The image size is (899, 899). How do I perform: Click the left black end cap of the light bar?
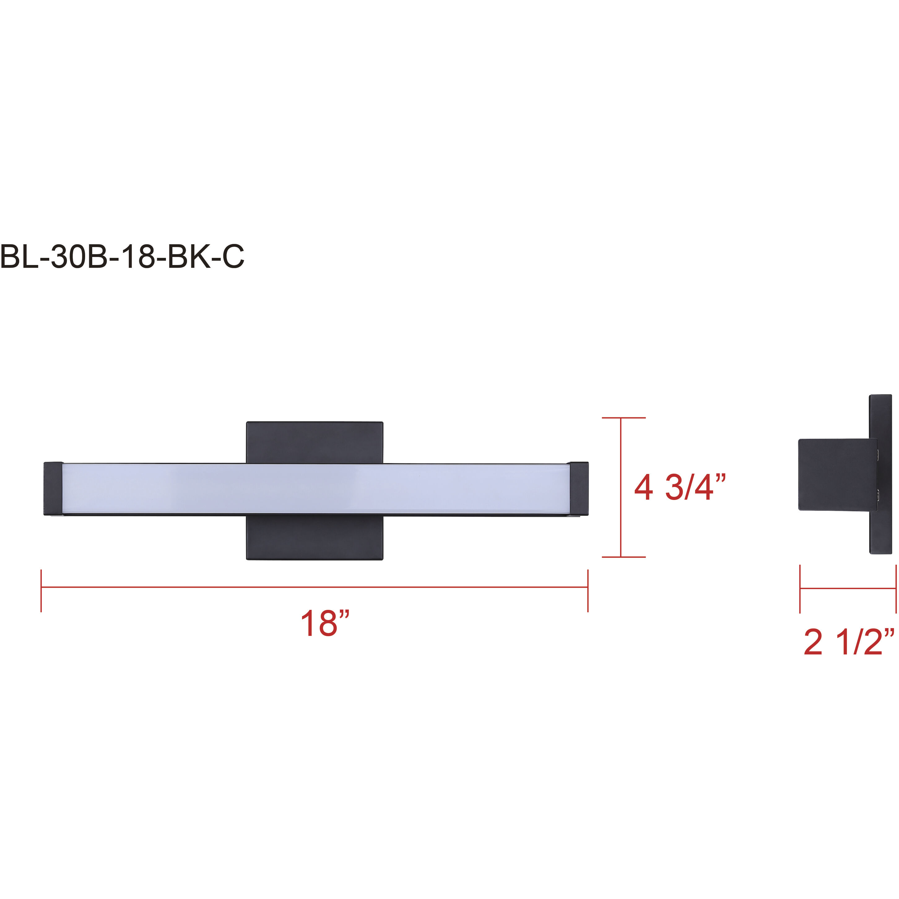[53, 489]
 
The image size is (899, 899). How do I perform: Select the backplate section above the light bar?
[315, 442]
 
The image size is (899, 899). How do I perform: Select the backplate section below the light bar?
[315, 537]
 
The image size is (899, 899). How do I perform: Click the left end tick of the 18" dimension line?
[41, 590]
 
